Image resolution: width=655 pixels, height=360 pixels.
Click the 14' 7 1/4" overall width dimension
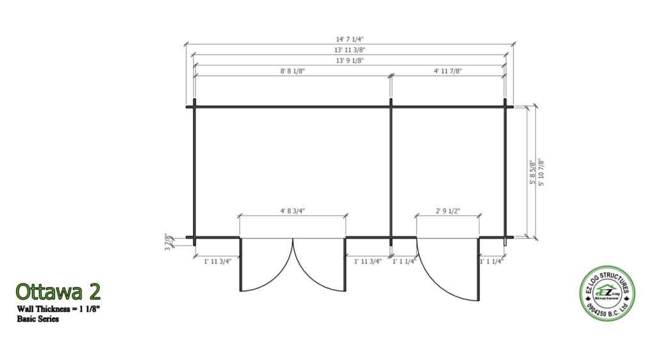350,39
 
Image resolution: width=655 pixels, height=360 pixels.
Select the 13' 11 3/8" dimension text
350,50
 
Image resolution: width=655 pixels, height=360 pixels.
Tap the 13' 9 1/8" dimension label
350,61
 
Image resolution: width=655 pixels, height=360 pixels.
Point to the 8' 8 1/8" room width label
292,71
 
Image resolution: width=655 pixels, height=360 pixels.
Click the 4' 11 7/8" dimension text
447,71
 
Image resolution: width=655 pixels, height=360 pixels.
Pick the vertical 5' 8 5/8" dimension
532,172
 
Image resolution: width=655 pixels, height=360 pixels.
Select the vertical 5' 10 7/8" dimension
541,172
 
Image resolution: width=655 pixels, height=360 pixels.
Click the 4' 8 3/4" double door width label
292,211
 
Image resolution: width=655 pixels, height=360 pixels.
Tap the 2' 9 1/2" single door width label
448,211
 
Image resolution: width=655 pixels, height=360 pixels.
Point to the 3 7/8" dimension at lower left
168,242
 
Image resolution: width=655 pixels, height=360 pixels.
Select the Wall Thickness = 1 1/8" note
58,309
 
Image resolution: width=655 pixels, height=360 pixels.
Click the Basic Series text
38,318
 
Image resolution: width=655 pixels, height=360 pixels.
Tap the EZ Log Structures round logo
608,293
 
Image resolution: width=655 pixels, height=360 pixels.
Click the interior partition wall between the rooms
391,172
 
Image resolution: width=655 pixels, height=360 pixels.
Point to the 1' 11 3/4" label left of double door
217,262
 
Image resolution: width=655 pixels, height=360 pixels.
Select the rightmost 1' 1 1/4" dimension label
492,262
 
